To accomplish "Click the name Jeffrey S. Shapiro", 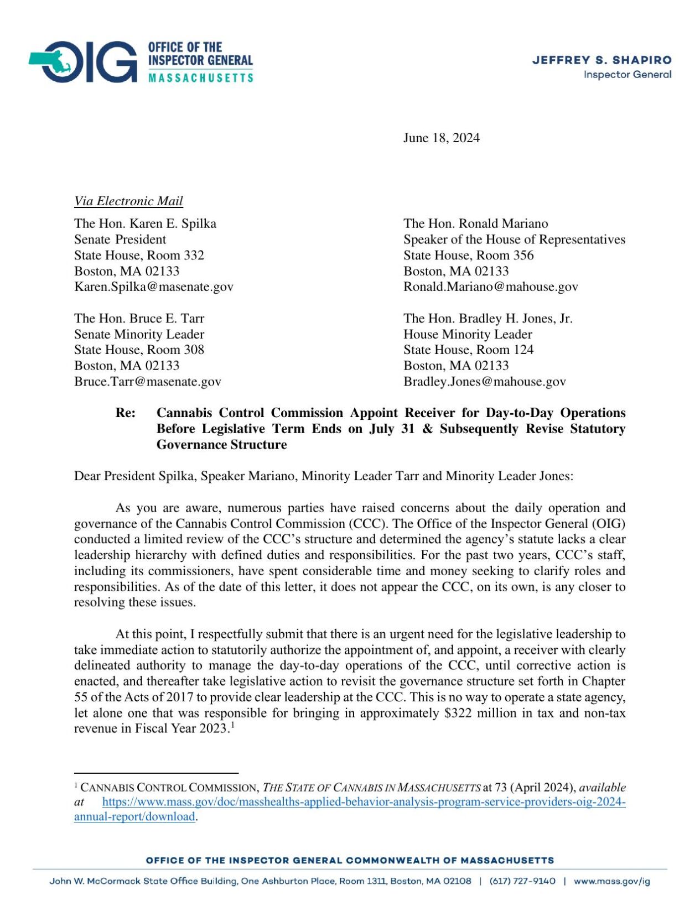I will pos(602,60).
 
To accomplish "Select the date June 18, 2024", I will pos(441,138).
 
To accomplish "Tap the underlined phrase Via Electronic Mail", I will pos(128,201).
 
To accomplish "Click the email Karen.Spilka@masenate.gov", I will pos(154,287).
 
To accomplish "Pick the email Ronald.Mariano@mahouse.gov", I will pos(490,287).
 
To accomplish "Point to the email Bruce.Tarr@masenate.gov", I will pos(148,381).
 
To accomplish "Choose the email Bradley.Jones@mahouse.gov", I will pos(484,381).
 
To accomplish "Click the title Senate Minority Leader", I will pos(139,334).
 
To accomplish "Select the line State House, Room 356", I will pos(468,255).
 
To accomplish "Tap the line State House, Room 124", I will pos(468,350).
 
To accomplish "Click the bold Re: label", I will pos(126,413).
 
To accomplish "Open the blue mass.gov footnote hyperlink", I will pos(364,802).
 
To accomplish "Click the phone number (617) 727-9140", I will pos(522,881).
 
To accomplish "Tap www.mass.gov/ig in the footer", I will pos(611,881).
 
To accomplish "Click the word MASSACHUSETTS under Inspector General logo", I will pos(200,77).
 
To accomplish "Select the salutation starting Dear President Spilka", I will pos(324,476).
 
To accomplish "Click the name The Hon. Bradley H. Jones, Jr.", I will pos(488,318).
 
